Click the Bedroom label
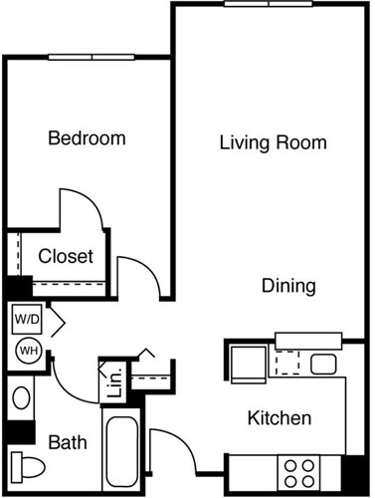point(87,138)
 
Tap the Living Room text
point(273,142)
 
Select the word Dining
point(288,286)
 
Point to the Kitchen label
point(281,418)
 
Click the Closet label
point(66,256)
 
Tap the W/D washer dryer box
point(26,321)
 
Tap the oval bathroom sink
point(21,399)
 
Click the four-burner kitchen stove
point(299,468)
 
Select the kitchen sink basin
point(324,364)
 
